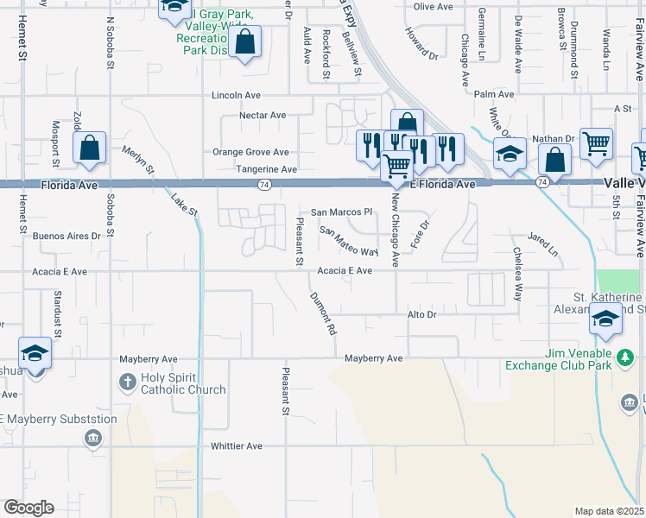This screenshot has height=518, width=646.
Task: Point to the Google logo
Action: coord(28,508)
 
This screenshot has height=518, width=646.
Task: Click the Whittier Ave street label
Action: coord(236,446)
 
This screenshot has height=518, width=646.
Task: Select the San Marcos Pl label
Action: coord(340,212)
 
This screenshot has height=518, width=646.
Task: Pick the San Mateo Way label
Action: coord(349,242)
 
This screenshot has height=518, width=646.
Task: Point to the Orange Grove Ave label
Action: coord(251,152)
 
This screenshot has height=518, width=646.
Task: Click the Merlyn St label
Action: coord(137,159)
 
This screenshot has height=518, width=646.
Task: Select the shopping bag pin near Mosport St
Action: coord(90,148)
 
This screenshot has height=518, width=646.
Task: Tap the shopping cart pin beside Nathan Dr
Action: coord(596,143)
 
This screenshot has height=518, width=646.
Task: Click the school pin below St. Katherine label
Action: coord(605,319)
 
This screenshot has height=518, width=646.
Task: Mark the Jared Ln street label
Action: coord(543,244)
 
